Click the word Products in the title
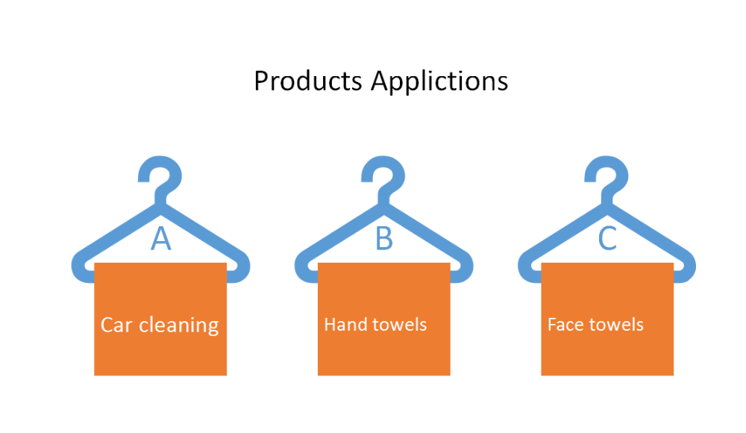pos(308,81)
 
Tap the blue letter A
pos(161,238)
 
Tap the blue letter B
pos(384,238)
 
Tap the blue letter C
pos(607,238)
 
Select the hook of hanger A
pos(160,178)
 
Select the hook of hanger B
pos(383,178)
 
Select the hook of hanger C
pos(606,178)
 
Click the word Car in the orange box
pos(116,325)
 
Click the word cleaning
pos(179,325)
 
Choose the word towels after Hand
pos(400,325)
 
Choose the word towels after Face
pos(618,325)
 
